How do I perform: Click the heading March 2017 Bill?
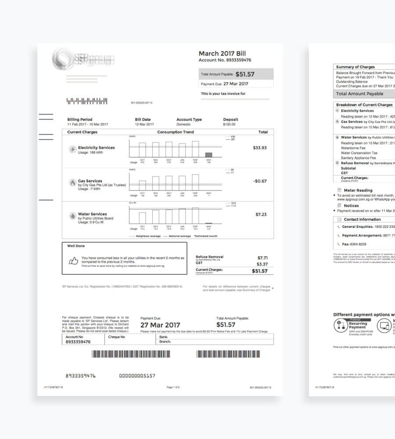(x=223, y=54)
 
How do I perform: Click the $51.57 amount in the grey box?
(x=245, y=74)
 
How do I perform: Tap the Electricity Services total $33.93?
(x=260, y=148)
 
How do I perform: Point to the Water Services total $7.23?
(x=261, y=215)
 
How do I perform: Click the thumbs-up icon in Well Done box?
(x=73, y=260)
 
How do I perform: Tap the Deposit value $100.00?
(x=229, y=124)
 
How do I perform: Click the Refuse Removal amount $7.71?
(x=262, y=258)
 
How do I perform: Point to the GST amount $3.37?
(x=262, y=264)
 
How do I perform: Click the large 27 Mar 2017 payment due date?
(x=160, y=325)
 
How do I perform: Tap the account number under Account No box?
(x=78, y=342)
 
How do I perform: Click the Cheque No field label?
(x=117, y=337)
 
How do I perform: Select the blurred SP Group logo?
(x=83, y=58)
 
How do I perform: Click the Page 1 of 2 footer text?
(x=173, y=387)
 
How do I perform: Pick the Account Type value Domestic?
(x=183, y=124)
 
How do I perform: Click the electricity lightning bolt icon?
(x=72, y=149)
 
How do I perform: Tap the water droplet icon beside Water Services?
(x=72, y=216)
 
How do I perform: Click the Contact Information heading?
(x=362, y=219)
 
